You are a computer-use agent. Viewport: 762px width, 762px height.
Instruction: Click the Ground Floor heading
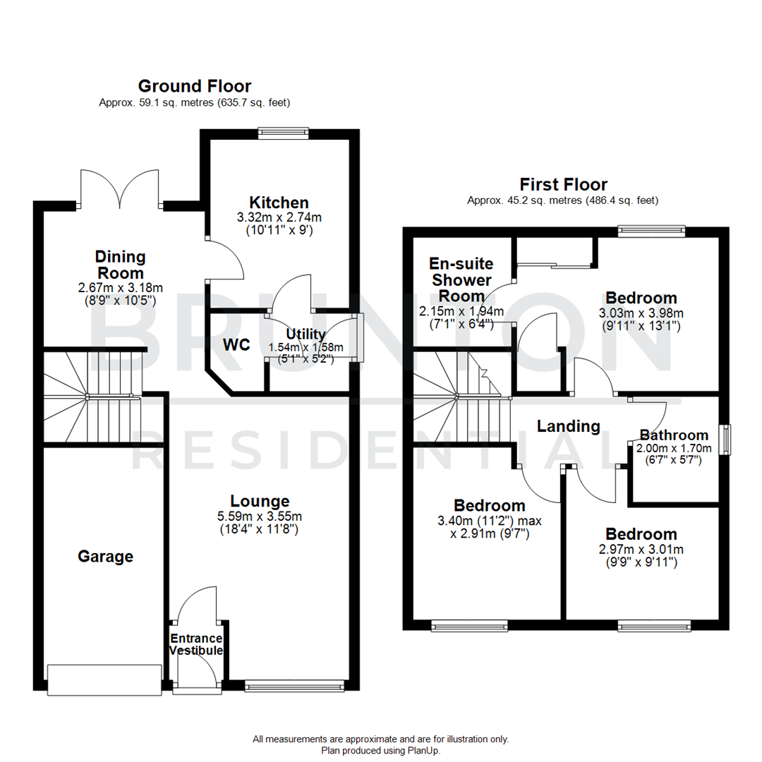click(x=194, y=87)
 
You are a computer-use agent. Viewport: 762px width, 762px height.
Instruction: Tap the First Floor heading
click(x=563, y=185)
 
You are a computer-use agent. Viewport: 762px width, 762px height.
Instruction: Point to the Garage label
click(x=105, y=557)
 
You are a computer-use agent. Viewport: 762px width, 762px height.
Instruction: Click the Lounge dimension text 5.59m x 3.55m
click(x=260, y=516)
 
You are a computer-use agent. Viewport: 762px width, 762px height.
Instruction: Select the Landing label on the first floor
click(x=568, y=426)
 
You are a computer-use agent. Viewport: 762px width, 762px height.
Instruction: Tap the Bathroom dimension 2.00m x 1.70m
click(x=674, y=447)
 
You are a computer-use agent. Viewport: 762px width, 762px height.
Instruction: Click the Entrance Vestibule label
click(x=197, y=644)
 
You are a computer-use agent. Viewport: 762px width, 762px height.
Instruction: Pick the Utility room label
click(x=306, y=334)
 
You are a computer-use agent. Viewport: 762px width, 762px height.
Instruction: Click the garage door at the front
click(x=103, y=679)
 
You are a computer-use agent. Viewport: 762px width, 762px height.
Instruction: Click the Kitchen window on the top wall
click(x=283, y=131)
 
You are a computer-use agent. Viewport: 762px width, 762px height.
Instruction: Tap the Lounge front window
click(x=294, y=685)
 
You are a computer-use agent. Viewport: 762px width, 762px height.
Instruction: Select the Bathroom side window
click(x=725, y=440)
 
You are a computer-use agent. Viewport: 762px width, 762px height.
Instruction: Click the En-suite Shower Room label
click(x=461, y=280)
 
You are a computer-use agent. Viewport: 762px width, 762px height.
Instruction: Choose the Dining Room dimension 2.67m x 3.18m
click(x=121, y=288)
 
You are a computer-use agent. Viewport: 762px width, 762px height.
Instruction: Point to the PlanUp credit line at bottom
click(x=380, y=750)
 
